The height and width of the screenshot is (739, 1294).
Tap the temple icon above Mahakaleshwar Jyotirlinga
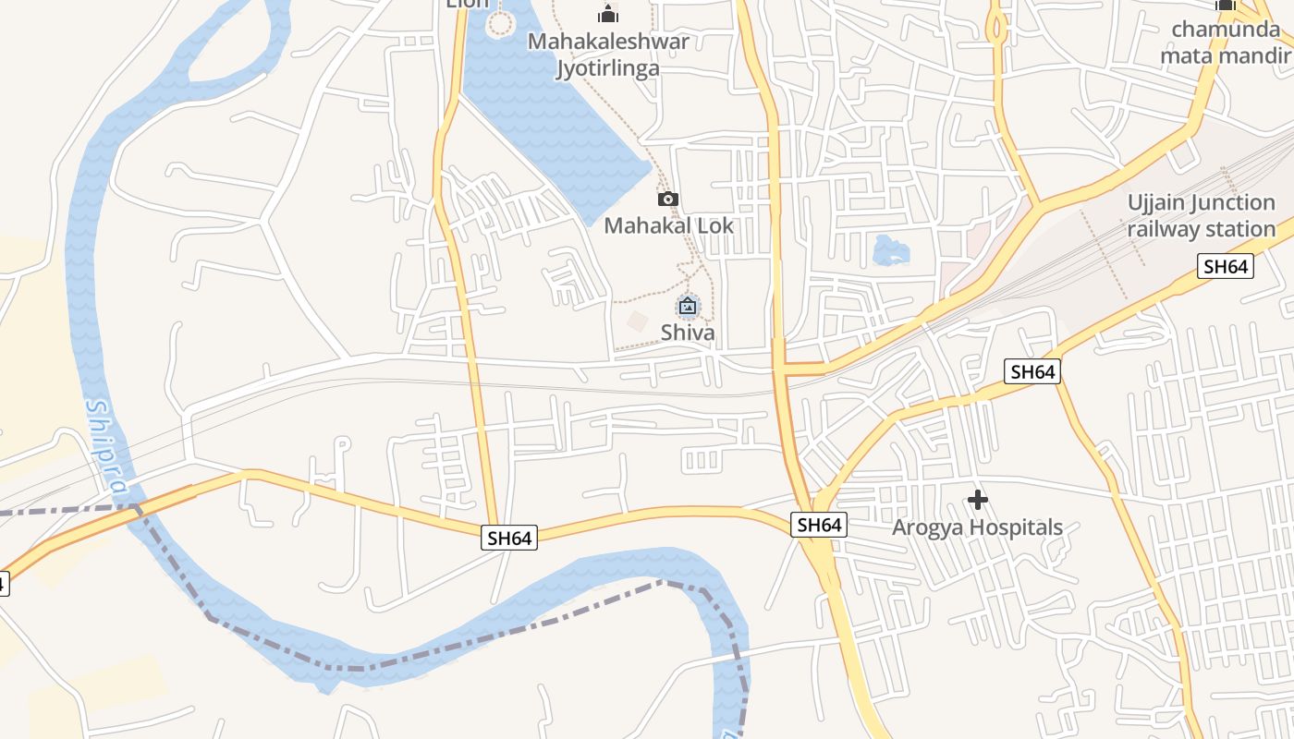608,14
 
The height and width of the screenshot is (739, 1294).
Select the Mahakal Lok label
668,225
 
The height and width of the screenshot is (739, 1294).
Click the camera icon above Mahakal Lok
667,199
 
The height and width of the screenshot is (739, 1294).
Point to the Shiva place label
688,333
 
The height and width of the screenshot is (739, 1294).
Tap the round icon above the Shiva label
688,306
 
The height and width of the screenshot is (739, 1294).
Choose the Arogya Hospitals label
977,528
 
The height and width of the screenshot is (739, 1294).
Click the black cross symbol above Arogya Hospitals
977,501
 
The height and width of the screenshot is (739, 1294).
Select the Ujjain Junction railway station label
1201,216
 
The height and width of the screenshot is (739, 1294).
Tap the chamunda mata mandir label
1226,42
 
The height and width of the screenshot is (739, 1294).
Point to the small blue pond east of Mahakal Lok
890,249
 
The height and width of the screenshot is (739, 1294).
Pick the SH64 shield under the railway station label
1226,267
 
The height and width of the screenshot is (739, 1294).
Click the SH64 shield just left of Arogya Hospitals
819,525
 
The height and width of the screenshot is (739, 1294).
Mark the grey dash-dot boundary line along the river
518,628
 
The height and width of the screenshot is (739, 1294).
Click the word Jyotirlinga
608,68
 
